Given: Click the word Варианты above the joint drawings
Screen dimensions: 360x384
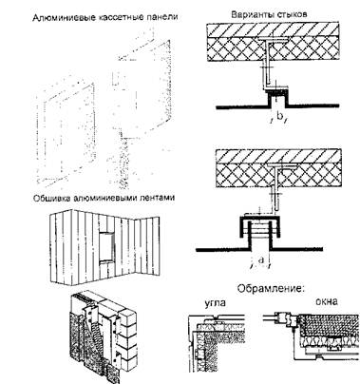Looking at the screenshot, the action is pos(251,14).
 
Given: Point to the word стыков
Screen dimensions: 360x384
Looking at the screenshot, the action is pos(290,14).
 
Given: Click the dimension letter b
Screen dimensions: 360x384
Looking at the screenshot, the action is pos(279,116).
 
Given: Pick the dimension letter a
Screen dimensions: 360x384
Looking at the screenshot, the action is pos(261,260).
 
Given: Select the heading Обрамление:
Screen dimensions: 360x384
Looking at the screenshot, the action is pos(271,289).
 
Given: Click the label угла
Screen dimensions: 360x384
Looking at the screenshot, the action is pos(216,303).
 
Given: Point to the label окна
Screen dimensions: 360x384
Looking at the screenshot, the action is pos(327,301).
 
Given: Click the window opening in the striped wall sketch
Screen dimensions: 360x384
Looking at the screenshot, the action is pos(106,247).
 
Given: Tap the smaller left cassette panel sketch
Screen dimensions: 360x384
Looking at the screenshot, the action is pos(66,132).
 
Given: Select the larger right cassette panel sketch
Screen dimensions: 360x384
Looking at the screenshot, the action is pos(144,111).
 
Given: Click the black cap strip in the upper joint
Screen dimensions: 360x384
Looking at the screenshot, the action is pos(277,92).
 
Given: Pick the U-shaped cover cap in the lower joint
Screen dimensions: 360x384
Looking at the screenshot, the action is pos(260,227).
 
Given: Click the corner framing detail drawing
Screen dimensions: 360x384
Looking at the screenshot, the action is pos(217,343).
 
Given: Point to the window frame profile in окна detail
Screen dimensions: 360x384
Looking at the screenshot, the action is pos(286,317).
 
